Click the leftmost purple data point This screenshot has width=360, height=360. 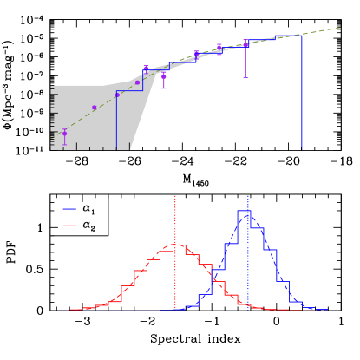[x=64, y=134]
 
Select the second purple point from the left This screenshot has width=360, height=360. [x=95, y=108]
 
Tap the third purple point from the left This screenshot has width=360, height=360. [x=117, y=95]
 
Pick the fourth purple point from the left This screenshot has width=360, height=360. [x=137, y=82]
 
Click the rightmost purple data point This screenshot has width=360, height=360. [x=245, y=43]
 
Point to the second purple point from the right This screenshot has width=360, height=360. [x=219, y=49]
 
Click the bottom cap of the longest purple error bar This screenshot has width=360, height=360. [x=245, y=77]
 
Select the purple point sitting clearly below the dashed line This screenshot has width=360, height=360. [x=164, y=76]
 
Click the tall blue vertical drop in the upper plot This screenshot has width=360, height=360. [x=302, y=95]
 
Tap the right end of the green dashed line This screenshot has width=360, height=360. [x=340, y=28]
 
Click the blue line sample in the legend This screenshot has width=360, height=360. [x=69, y=209]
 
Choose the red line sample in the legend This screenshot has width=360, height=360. [x=69, y=226]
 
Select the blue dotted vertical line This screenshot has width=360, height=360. [x=248, y=260]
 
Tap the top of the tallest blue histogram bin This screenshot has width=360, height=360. [x=244, y=211]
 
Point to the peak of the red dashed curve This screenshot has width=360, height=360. [x=176, y=245]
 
